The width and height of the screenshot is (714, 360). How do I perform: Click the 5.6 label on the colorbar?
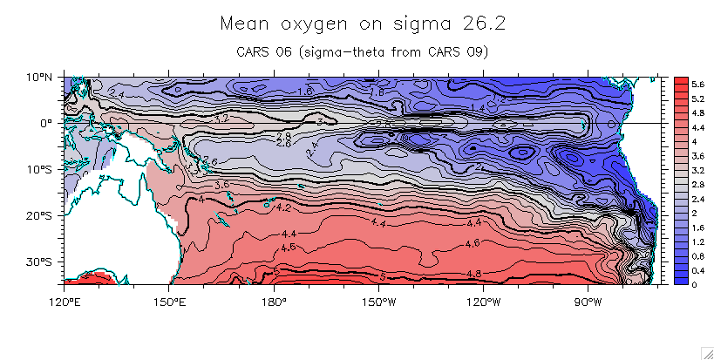(674, 83)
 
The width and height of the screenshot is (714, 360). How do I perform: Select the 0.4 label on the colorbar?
(674, 272)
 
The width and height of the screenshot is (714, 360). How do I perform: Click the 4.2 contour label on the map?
(283, 208)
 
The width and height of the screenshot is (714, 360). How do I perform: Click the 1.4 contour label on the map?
(478, 107)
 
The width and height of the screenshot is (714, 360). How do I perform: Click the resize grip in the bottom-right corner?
(706, 352)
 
